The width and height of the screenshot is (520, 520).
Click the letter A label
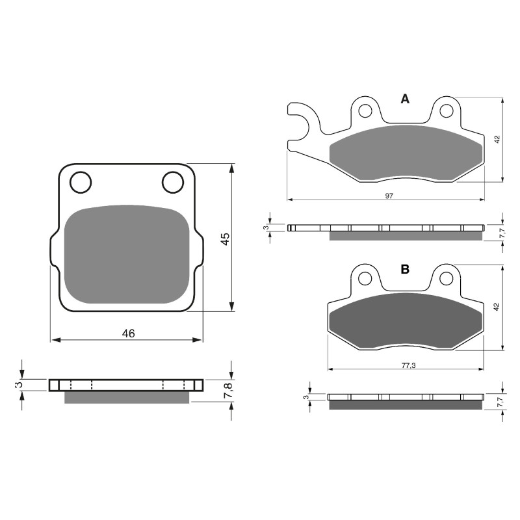[x=405, y=99]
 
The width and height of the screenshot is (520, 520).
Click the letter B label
[x=405, y=269]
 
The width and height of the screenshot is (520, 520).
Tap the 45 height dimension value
[x=224, y=239]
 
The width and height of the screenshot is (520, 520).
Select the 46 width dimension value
[x=129, y=333]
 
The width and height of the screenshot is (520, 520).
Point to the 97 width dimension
[x=389, y=195]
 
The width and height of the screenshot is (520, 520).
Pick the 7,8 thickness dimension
[x=227, y=391]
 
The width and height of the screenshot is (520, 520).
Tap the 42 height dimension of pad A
[x=497, y=139]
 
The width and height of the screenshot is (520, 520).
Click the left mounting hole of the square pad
[x=81, y=183]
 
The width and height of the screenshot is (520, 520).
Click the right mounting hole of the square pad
[x=173, y=183]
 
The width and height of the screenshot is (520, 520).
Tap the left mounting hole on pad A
[x=365, y=110]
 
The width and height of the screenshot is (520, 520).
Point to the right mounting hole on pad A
[x=446, y=110]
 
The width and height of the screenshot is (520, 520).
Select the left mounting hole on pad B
[x=365, y=279]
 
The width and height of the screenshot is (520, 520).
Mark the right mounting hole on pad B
[x=446, y=279]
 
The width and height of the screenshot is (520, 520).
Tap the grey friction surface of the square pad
[x=127, y=255]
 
